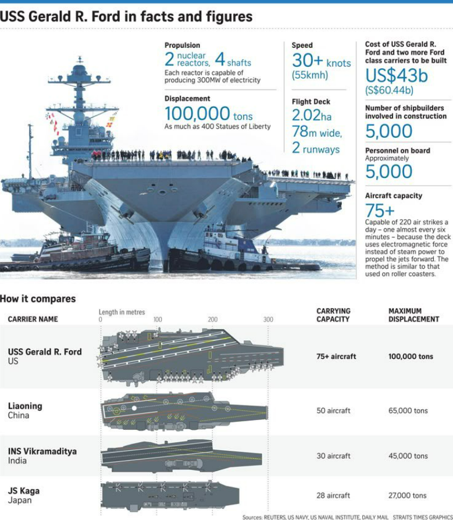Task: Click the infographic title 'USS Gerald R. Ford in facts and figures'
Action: (x=126, y=16)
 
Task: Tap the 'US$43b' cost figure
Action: (x=396, y=76)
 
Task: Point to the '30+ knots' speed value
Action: (x=321, y=60)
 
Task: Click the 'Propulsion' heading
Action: (x=182, y=45)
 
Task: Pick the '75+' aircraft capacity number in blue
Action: (x=379, y=211)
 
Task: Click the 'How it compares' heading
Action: (x=38, y=299)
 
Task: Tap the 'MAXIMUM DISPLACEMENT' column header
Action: (x=413, y=315)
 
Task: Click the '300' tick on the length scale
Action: (x=268, y=319)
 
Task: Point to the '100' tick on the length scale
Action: (x=158, y=319)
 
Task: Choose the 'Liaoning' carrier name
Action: (x=25, y=406)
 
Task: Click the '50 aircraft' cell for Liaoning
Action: (x=333, y=411)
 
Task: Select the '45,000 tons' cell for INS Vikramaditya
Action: (x=408, y=456)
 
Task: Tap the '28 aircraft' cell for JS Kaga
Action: (x=333, y=496)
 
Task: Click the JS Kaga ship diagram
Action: (x=169, y=495)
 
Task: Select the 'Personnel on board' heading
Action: (x=397, y=151)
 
